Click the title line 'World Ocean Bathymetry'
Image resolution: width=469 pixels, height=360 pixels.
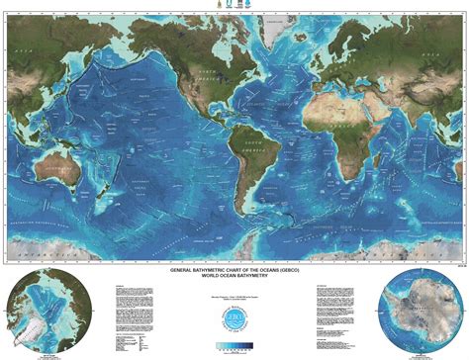234,276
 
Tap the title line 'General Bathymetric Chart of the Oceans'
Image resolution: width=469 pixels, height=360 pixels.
234,269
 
